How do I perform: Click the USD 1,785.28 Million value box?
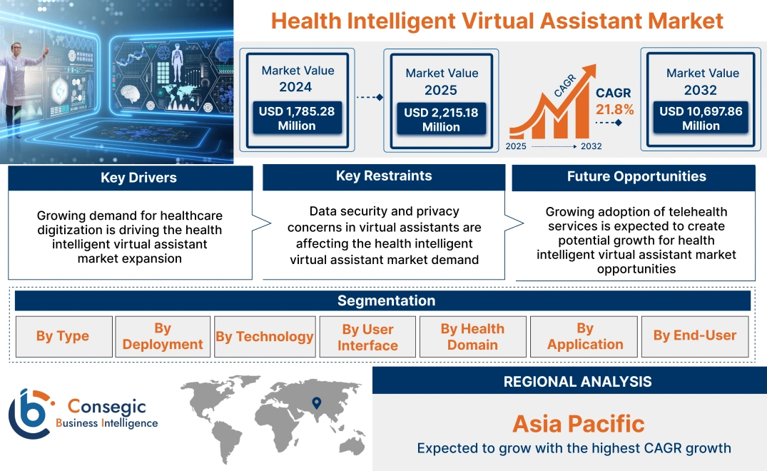(297, 118)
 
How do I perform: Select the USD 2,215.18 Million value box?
(441, 120)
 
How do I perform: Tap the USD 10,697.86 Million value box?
(701, 118)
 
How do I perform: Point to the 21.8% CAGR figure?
(614, 110)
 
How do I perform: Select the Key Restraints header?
(384, 176)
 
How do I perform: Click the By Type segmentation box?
(63, 336)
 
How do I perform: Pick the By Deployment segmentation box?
(163, 336)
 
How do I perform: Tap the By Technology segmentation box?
(265, 336)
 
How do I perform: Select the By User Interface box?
(367, 337)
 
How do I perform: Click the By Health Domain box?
(472, 337)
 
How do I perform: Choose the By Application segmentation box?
(585, 336)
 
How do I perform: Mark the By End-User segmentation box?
(695, 335)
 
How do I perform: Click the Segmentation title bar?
(386, 300)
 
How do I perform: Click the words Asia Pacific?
(578, 424)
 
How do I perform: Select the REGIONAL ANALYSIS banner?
(577, 382)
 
